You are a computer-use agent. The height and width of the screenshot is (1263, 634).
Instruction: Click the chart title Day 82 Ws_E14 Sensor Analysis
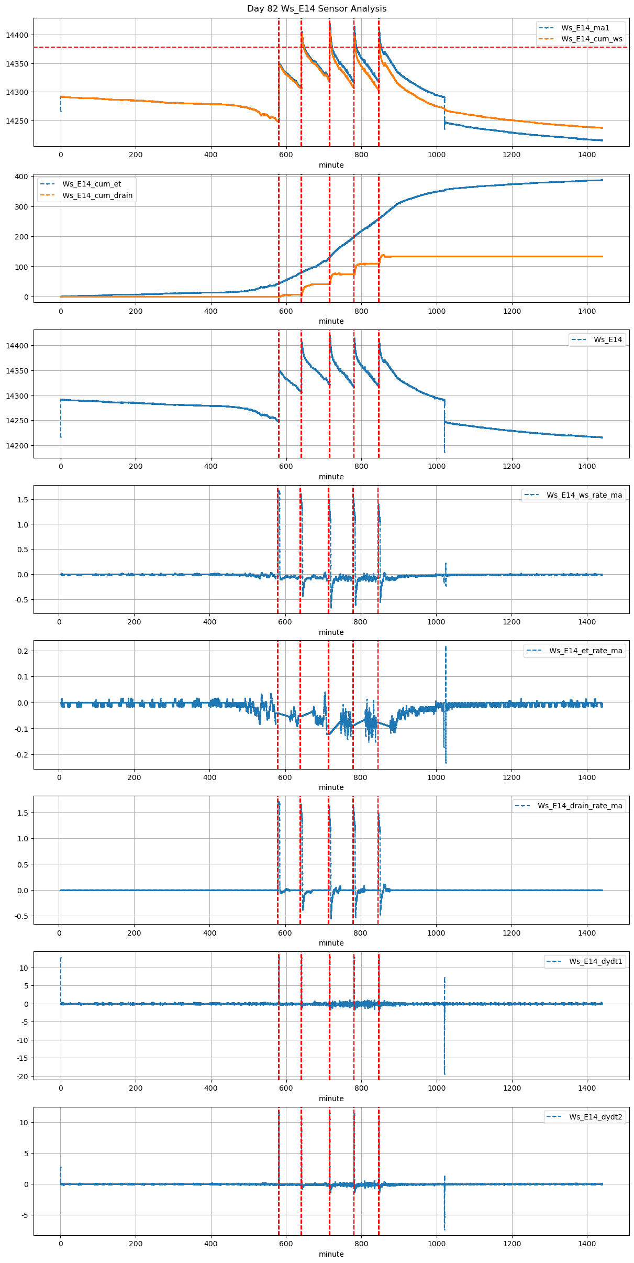[x=317, y=9]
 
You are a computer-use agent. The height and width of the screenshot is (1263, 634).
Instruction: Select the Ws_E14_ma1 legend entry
[x=585, y=28]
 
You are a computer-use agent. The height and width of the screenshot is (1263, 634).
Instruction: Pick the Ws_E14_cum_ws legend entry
[x=592, y=39]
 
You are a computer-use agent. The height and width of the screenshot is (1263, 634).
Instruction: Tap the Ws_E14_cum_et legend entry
[x=92, y=184]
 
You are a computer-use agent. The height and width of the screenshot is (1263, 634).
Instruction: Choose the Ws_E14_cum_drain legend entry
[x=97, y=195]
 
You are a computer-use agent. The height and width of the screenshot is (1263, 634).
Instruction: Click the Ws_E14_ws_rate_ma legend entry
[x=584, y=495]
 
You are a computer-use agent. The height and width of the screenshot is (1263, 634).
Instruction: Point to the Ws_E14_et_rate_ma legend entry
[x=585, y=651]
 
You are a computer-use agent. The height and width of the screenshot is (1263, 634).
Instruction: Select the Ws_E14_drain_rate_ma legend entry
[x=580, y=806]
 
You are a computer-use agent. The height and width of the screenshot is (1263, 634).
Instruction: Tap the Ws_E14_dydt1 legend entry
[x=595, y=961]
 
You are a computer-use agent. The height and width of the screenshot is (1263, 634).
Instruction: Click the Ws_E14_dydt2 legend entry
[x=595, y=1117]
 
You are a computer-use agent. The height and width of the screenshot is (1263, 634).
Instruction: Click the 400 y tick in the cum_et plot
[x=21, y=177]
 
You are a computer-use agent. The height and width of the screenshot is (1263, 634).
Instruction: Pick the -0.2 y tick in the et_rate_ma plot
[x=21, y=755]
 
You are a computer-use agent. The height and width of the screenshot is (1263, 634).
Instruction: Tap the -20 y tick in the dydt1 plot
[x=23, y=1077]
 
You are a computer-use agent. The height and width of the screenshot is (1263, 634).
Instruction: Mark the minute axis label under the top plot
[x=331, y=165]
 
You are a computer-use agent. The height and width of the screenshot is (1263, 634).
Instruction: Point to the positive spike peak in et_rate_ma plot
[x=446, y=647]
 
